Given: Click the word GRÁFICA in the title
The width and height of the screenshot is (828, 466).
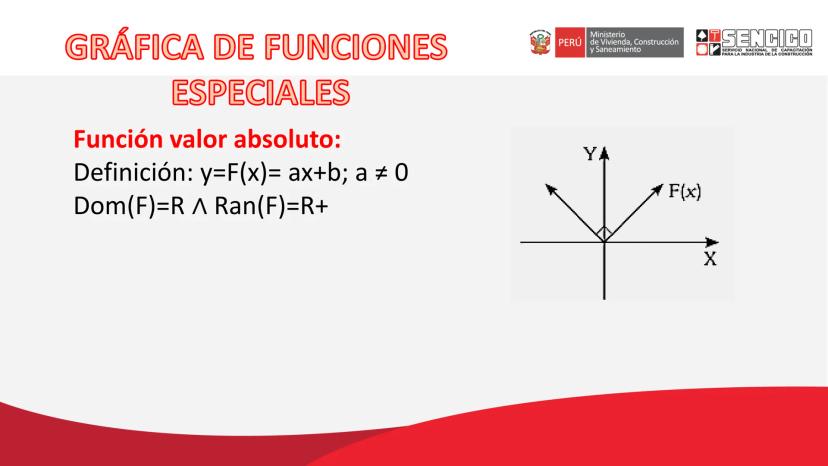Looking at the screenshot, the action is tap(135, 46).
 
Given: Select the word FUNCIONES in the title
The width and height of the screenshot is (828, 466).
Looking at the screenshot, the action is tap(356, 46).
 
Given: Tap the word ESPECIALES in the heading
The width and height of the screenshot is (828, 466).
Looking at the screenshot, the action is tap(261, 92).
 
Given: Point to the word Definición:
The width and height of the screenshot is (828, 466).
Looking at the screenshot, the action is tap(134, 173).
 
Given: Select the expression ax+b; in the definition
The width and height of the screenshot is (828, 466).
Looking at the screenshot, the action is tap(318, 174).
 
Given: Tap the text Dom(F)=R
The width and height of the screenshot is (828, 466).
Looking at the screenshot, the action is tap(129, 206).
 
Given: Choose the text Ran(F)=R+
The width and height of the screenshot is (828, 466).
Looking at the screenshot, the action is tap(271, 206).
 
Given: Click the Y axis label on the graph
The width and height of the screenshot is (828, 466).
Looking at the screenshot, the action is tap(590, 154).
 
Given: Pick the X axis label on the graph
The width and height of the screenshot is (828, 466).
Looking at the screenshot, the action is tap(710, 259).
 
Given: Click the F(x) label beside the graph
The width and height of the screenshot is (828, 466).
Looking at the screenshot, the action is tap(685, 191).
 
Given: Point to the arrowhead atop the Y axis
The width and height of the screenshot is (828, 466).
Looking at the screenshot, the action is tap(605, 153).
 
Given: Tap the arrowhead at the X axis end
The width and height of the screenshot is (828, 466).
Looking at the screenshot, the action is tap(712, 242).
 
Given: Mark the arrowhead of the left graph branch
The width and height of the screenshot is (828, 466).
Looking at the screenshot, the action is tap(550, 189).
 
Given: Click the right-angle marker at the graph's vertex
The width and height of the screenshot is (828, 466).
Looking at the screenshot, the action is tap(605, 233).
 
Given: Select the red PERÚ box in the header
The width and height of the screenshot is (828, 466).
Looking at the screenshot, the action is tap(570, 42).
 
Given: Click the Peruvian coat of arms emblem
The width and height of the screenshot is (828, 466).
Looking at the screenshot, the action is tap(540, 42).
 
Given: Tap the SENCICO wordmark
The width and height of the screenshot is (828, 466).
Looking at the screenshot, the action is tap(767, 38).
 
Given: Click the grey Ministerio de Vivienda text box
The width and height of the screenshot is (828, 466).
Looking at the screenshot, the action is tap(634, 42).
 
